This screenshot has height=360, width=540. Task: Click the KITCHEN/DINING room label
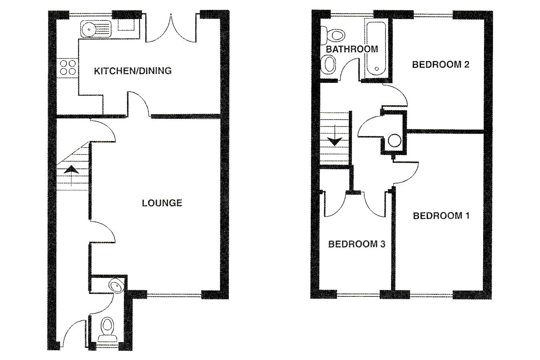point(132,71)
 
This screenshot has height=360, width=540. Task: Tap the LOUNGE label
point(162,203)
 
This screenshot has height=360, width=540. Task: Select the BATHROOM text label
point(352,49)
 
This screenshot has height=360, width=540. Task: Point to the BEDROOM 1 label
point(441,216)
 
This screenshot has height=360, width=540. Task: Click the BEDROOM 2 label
point(440,64)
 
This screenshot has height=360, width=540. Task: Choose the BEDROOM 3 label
point(356,244)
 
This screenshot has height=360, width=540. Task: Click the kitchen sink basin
point(88,29)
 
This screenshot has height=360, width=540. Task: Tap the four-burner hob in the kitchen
point(67,67)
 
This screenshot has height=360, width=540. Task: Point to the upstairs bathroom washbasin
point(329,64)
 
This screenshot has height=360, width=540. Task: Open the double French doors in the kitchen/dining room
point(171,29)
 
